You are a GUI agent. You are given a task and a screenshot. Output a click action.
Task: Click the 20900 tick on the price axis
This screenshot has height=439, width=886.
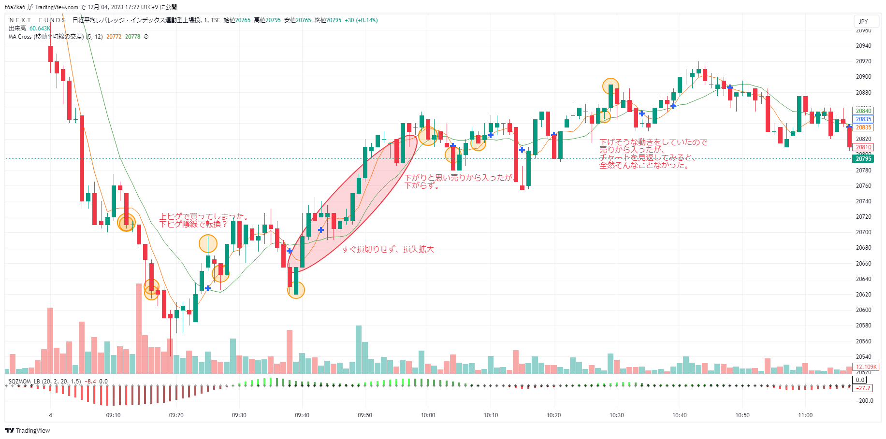tap(863, 77)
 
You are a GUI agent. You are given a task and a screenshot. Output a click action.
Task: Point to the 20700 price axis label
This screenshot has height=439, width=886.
tap(863, 232)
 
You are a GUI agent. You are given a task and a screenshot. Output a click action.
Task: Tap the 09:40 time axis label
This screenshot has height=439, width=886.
tap(302, 415)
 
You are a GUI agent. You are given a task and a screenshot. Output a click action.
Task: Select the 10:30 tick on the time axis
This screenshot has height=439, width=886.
tap(616, 415)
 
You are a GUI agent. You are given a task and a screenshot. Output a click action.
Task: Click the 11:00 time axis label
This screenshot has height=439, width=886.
tap(805, 415)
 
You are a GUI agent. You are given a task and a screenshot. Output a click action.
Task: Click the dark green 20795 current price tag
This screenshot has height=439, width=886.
tap(863, 159)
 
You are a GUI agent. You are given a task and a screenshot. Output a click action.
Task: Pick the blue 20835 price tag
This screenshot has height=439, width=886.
tap(863, 119)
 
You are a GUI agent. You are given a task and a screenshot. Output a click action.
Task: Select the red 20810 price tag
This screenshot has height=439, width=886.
tap(863, 147)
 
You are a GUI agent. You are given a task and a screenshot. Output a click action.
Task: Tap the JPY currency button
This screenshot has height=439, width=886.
tap(863, 22)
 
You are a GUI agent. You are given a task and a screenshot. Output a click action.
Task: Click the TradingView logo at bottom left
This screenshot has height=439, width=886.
tap(28, 430)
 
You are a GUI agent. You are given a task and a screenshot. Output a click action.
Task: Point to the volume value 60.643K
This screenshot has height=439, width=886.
tap(40, 28)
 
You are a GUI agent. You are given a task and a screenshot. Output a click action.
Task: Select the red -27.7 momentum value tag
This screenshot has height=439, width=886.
tap(863, 388)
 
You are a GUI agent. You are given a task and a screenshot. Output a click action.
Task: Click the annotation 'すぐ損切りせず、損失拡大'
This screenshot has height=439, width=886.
tap(388, 249)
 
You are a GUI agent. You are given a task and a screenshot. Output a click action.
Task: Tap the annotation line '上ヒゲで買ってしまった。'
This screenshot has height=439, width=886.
tap(204, 217)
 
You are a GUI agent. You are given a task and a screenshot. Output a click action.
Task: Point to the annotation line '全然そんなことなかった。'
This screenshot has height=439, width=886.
tap(644, 165)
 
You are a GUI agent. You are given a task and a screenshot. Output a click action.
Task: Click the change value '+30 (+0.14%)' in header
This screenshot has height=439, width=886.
tap(361, 20)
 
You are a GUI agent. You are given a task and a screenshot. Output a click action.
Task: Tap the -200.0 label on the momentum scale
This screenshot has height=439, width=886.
tap(864, 401)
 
